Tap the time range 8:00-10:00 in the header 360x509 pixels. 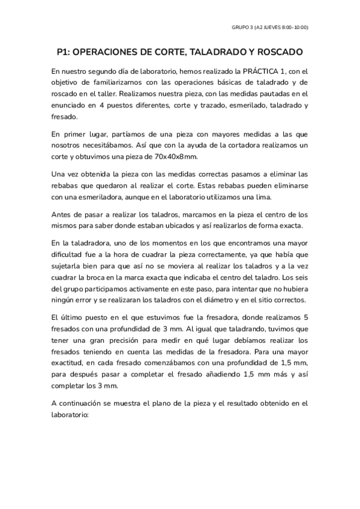click(295, 27)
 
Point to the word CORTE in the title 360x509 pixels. click(169, 52)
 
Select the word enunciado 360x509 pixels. click(70, 106)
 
